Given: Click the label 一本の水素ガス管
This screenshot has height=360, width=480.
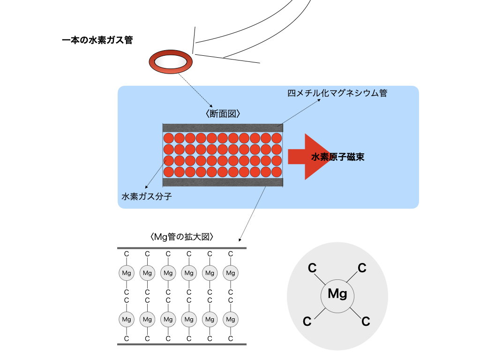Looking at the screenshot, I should (97, 40).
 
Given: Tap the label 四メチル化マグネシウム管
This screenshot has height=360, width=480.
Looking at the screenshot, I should (337, 93).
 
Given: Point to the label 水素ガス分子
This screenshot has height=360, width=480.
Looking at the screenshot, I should (147, 196).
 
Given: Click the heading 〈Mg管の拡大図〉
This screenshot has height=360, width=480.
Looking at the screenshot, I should (182, 237).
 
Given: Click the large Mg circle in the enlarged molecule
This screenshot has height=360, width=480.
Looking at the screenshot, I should (337, 294).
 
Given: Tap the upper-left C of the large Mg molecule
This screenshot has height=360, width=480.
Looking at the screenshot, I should (312, 268).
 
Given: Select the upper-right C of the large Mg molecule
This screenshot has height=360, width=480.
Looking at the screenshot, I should (362, 268).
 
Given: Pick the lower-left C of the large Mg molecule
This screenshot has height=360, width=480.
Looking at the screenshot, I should (307, 322).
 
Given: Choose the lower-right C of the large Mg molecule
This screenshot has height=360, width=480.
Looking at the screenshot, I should (366, 322).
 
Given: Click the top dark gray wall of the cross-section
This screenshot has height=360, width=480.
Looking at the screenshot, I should (223, 127).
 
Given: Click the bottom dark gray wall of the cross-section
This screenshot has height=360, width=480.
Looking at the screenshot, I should (223, 182).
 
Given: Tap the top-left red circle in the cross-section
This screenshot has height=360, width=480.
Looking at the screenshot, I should (169, 138).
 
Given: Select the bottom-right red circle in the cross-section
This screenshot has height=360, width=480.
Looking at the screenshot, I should (277, 171).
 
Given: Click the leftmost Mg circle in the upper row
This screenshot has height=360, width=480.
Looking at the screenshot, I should (126, 273).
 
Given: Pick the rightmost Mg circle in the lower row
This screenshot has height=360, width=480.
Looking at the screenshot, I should (230, 319).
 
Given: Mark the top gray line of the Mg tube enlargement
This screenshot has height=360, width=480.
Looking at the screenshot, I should (182, 247).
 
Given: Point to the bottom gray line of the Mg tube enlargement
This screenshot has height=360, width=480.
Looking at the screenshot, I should (182, 345).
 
